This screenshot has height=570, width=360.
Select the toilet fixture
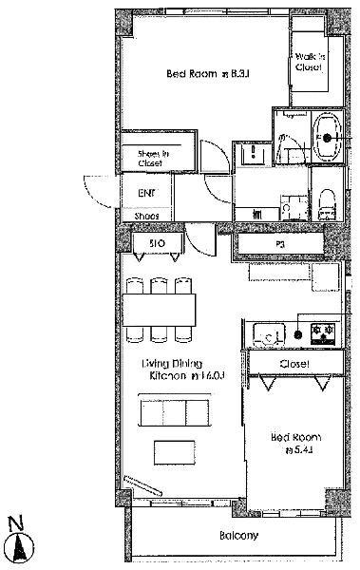coord(326,199)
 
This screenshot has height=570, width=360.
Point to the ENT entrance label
coord(146,194)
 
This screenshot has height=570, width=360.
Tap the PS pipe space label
coord(280,245)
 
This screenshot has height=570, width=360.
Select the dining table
coord(159,308)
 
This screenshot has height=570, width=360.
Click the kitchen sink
coord(267,334)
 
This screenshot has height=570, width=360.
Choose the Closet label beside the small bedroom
coord(294,363)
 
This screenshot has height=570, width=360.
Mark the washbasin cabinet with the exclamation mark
coord(253,154)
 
